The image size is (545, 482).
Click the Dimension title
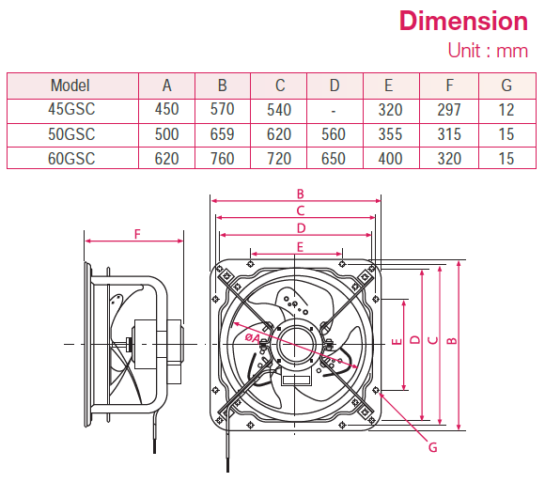click(x=463, y=21)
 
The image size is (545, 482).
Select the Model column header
click(x=70, y=86)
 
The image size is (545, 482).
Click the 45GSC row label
click(x=70, y=110)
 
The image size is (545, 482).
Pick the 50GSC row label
click(x=70, y=134)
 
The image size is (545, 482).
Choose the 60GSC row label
click(x=70, y=159)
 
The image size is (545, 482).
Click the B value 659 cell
click(x=222, y=134)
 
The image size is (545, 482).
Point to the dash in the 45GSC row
click(x=334, y=110)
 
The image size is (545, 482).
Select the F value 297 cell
click(x=449, y=110)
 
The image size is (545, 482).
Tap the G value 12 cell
click(x=506, y=110)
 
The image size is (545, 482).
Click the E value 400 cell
click(x=390, y=159)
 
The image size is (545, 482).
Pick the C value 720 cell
click(x=278, y=159)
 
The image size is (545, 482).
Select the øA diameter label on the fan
click(x=253, y=336)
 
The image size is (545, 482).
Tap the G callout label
click(x=432, y=448)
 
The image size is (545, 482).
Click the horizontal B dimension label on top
click(x=298, y=194)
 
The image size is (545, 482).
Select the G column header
click(x=506, y=86)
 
